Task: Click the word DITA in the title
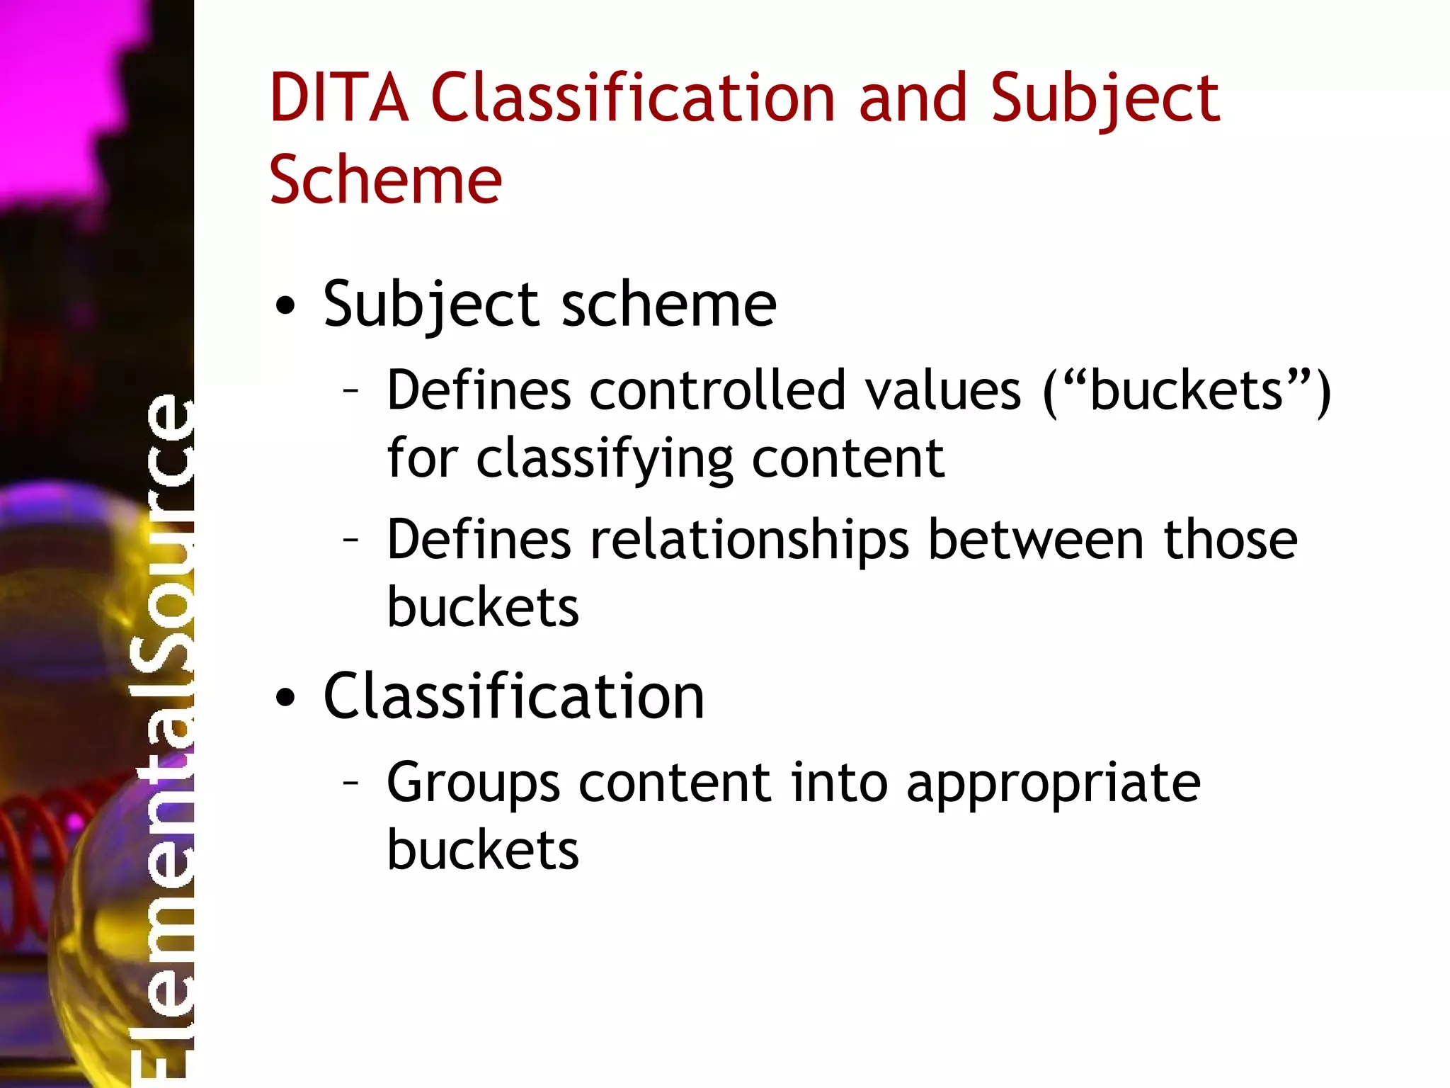coord(339,98)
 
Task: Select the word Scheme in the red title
coord(385,181)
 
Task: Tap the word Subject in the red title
coord(1105,100)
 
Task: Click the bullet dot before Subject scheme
coord(285,306)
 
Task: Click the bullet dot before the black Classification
coord(285,698)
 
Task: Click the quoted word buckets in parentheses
coord(1187,390)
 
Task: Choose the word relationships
coord(749,540)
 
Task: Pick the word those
coord(1231,540)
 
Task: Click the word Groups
coord(472,784)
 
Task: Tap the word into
coord(839,783)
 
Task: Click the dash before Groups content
coord(350,783)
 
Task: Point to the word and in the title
coord(913,98)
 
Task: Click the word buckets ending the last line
coord(483,850)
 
